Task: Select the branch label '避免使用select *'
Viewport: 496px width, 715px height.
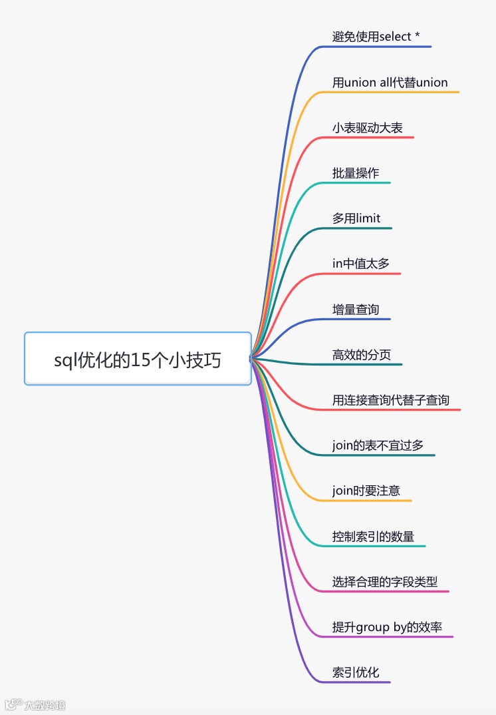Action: tap(376, 37)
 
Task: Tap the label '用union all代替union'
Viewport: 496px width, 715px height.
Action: tap(390, 83)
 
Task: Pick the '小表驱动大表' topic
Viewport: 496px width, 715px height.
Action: tap(367, 128)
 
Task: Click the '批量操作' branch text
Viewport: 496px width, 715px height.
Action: tap(356, 173)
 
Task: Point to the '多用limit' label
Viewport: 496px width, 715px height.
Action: tap(356, 218)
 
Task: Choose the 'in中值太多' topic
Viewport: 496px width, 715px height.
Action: tap(361, 264)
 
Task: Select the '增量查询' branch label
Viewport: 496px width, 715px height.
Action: tap(356, 310)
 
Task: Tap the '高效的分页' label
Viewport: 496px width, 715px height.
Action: tap(362, 355)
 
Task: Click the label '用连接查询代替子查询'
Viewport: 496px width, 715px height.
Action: tap(391, 400)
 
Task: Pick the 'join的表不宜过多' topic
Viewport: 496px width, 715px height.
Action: tap(378, 445)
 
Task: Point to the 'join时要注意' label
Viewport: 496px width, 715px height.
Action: tap(366, 491)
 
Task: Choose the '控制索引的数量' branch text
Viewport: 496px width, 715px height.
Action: tap(373, 537)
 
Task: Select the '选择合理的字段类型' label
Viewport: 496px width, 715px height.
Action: tap(385, 582)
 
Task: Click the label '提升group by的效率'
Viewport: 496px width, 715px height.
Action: tap(387, 627)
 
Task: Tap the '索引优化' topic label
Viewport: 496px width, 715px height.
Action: tap(356, 672)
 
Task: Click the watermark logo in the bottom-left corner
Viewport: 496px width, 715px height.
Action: tap(13, 705)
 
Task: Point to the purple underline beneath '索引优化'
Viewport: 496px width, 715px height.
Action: tap(359, 682)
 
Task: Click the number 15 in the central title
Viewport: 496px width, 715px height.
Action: tap(140, 360)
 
